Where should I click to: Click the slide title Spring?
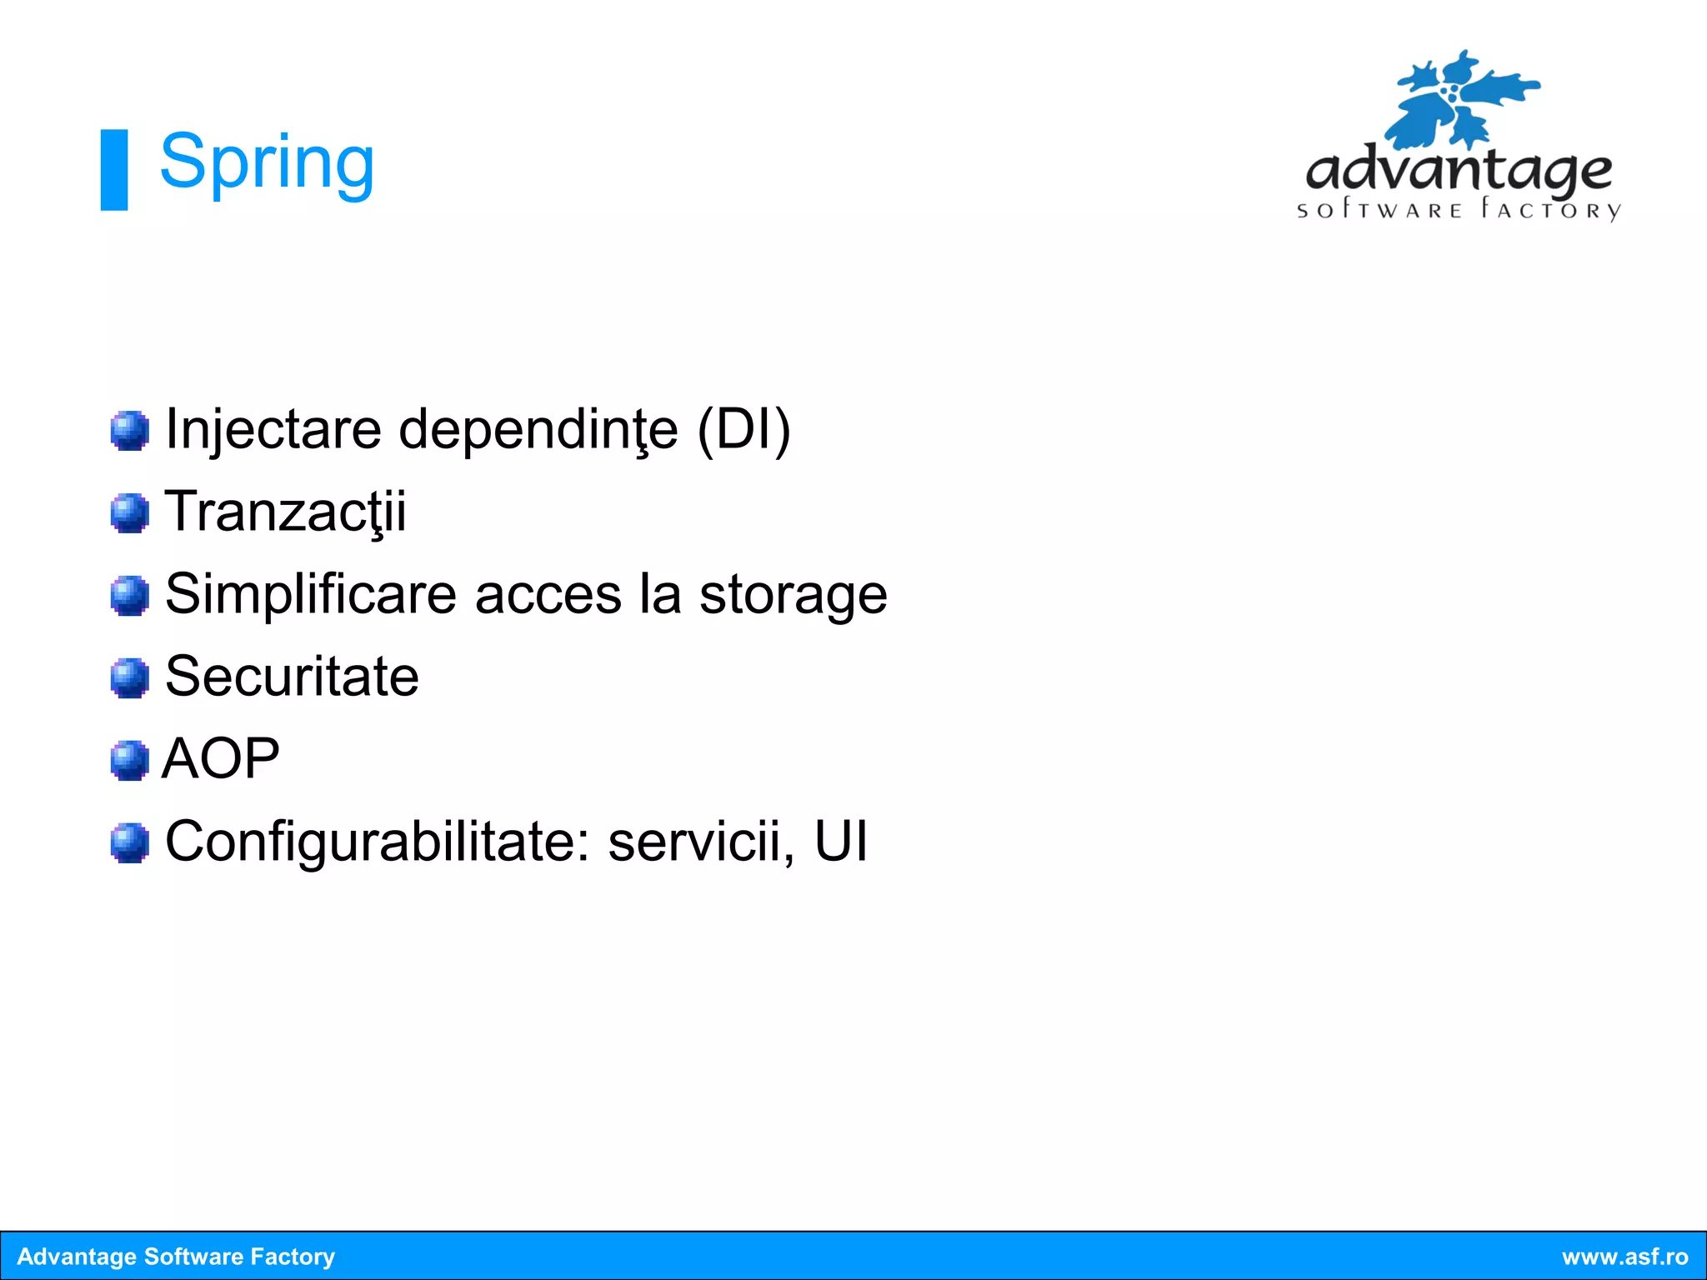click(267, 162)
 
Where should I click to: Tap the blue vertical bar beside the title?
click(114, 169)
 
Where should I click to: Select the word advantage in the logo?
click(1459, 171)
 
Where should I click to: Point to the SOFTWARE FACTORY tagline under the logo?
click(1459, 209)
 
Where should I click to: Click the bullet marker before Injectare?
click(129, 431)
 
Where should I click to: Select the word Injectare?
click(273, 430)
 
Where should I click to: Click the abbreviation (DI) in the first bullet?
click(743, 430)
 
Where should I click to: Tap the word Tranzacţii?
click(286, 512)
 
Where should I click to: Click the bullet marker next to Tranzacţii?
click(129, 512)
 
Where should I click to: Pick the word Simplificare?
click(311, 594)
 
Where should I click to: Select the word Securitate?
click(292, 676)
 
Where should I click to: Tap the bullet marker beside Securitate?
click(129, 677)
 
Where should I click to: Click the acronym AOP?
click(221, 758)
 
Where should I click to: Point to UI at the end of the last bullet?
click(841, 841)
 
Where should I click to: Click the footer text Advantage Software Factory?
click(176, 1257)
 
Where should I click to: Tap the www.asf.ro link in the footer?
click(1624, 1257)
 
